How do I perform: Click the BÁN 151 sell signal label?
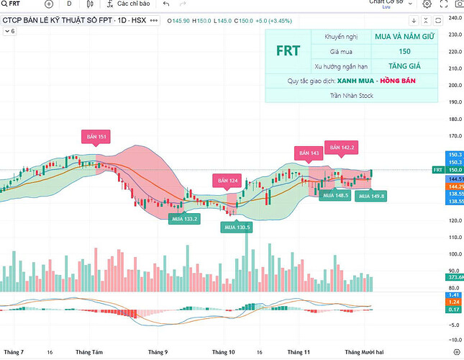coord(97,137)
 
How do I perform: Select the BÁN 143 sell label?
coord(309,153)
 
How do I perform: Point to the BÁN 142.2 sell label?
coord(342,148)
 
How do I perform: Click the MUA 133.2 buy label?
coord(183,217)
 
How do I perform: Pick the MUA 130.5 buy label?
coord(236,227)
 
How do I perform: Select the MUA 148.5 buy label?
coord(335,195)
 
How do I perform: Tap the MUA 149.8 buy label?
coord(371,196)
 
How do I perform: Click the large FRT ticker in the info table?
coord(288,51)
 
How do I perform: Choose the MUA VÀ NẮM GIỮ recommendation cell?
coord(404,36)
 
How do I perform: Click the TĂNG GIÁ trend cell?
coord(404,66)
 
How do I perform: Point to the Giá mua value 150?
coord(404,51)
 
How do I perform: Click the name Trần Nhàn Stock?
coord(352,95)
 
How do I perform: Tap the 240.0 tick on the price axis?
coord(454,18)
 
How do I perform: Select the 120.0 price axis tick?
coord(454,220)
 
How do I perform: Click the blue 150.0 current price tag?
coord(454,170)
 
